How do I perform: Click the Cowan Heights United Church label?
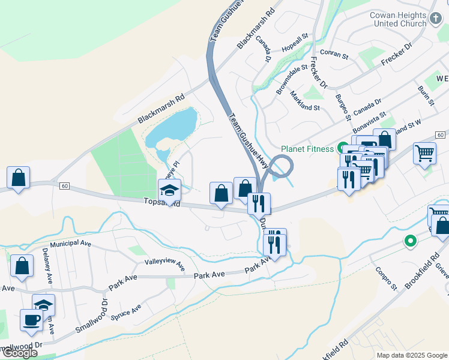pyautogui.click(x=398, y=19)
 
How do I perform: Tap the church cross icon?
pyautogui.click(x=436, y=19)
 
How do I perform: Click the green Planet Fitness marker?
pyautogui.click(x=343, y=148)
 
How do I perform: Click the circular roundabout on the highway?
pyautogui.click(x=280, y=166)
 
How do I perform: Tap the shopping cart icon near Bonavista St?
pyautogui.click(x=424, y=153)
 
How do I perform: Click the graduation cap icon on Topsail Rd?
pyautogui.click(x=169, y=190)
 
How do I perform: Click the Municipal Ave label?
pyautogui.click(x=70, y=244)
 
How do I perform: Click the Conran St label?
pyautogui.click(x=334, y=55)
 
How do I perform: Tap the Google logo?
pyautogui.click(x=20, y=353)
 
